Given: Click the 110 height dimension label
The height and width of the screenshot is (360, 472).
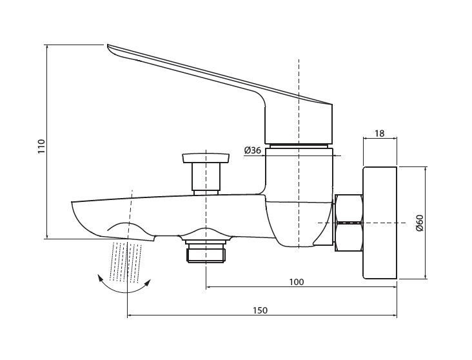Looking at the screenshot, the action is [41, 146].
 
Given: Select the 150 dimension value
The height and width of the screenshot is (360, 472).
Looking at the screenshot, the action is [260, 310].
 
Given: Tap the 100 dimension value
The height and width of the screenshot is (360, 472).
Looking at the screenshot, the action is [297, 282].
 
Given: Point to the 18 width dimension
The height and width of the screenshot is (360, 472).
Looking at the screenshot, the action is [380, 133].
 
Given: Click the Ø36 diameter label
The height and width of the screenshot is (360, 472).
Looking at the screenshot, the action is [253, 150].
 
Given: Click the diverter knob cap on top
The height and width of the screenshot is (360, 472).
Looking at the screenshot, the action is [206, 158].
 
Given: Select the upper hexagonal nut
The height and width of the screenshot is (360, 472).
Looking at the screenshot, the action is [349, 208].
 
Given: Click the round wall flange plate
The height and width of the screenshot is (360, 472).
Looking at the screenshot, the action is [380, 223].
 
